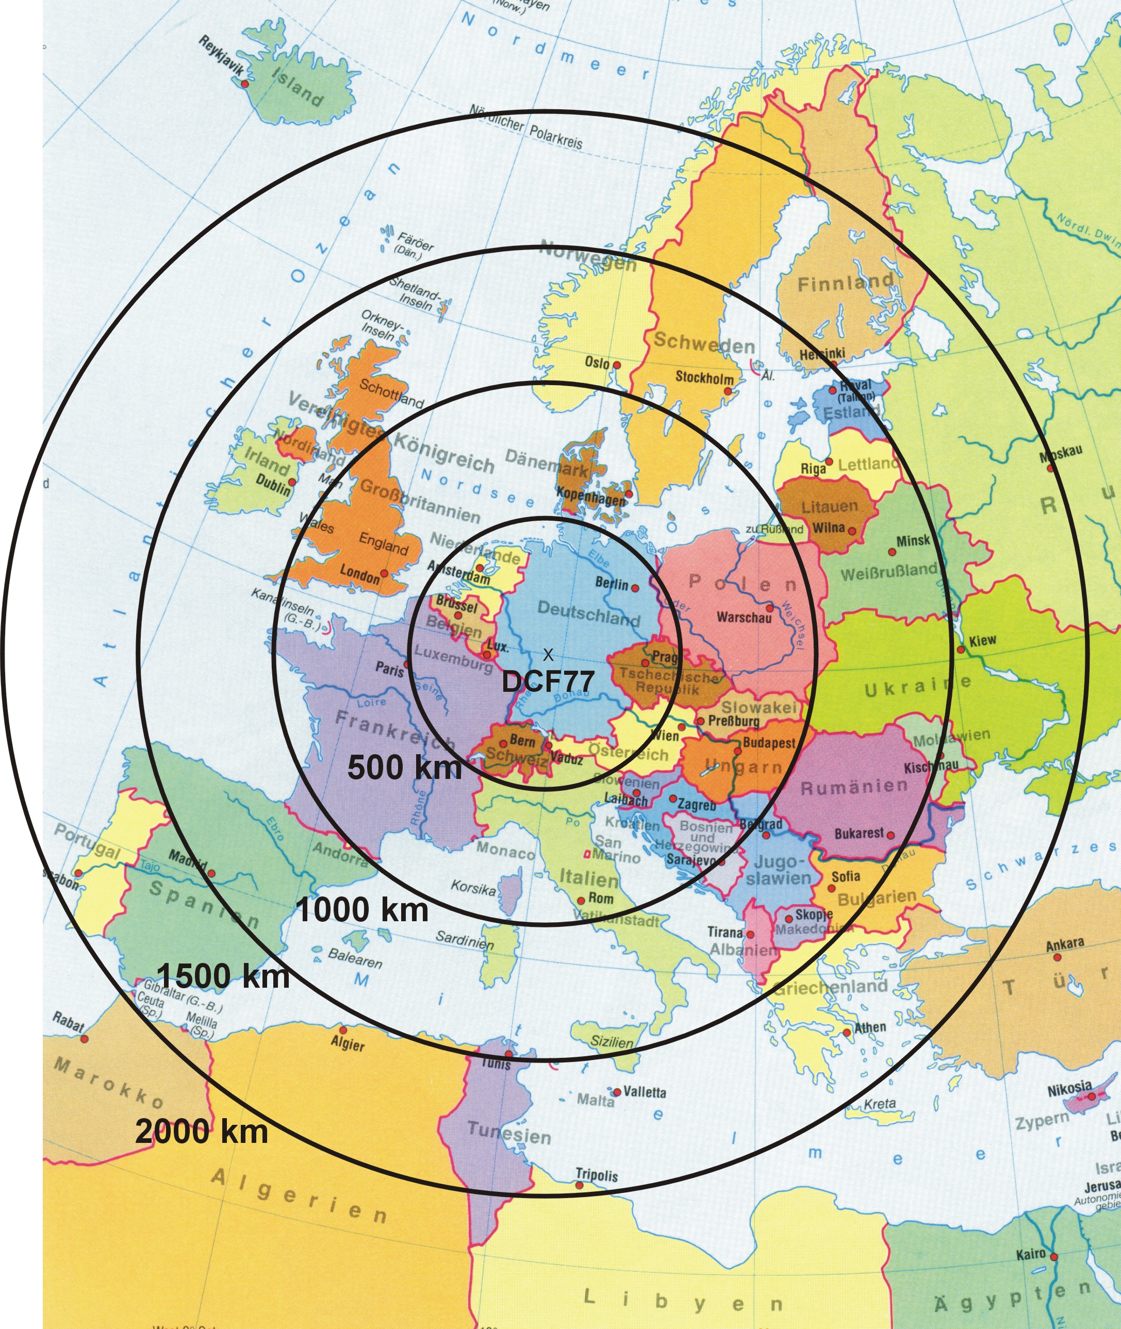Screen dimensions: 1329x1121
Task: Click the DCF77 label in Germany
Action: click(x=548, y=682)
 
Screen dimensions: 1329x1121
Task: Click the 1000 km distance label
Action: click(x=362, y=910)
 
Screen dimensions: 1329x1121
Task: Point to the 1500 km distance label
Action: click(x=223, y=975)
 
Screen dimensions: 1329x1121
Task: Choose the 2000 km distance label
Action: click(x=202, y=1133)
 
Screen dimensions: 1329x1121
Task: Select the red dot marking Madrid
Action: click(x=211, y=873)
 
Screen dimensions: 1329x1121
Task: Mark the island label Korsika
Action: click(x=473, y=888)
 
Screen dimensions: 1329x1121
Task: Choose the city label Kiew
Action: click(x=982, y=640)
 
